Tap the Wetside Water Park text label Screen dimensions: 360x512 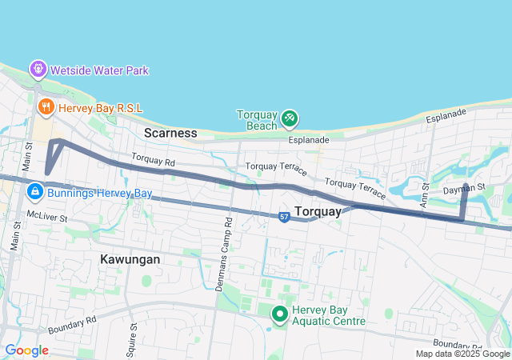[x=99, y=70]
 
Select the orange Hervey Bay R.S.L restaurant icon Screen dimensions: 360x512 [x=46, y=105]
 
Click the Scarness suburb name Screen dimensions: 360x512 [x=170, y=132]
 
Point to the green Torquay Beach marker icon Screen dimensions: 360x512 [x=289, y=119]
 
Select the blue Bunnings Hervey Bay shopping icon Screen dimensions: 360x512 [x=36, y=192]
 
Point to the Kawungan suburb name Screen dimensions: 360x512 [x=130, y=259]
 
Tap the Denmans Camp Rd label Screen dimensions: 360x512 [x=225, y=240]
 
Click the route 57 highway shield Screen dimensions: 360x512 [x=284, y=217]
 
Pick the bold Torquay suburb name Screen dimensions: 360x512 [x=318, y=211]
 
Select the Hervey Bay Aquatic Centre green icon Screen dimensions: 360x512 [x=280, y=314]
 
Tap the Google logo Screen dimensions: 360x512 [x=26, y=350]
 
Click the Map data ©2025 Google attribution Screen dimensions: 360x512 [x=462, y=354]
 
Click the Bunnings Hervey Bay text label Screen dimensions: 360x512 [x=99, y=193]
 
